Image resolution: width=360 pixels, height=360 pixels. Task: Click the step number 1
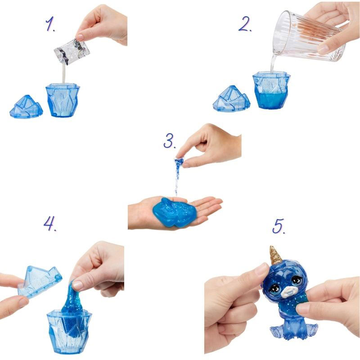point(50,24)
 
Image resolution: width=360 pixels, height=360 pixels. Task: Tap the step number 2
point(245,24)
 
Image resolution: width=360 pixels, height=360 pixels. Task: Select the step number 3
point(170,140)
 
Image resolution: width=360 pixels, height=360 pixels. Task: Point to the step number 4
point(50,223)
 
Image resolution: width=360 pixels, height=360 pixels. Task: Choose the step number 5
point(279,226)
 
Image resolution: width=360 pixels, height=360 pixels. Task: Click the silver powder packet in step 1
point(72,52)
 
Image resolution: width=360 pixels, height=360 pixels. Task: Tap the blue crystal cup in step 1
point(63,100)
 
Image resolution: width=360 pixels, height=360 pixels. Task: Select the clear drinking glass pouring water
point(309,37)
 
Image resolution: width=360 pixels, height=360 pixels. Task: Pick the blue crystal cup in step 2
point(271,90)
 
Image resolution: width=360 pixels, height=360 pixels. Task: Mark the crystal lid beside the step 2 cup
point(231,99)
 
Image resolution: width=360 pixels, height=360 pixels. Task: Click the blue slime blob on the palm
point(174,212)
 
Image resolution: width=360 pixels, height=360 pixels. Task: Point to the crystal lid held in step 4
point(40,282)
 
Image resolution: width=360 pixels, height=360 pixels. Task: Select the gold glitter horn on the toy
point(275,255)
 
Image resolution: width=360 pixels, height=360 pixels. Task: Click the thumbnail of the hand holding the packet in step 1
point(80,37)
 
